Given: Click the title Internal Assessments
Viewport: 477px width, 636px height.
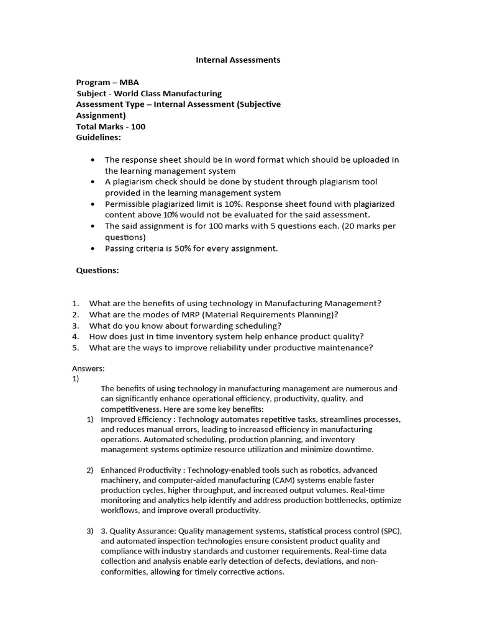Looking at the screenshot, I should click(x=238, y=60).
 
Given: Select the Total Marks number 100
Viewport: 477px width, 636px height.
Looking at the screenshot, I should click(x=138, y=127).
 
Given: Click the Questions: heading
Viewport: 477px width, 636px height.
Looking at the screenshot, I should click(x=98, y=271).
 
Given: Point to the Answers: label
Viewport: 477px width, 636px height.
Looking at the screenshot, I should click(x=89, y=368).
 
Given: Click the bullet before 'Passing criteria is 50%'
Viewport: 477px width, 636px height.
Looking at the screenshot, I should click(x=93, y=248).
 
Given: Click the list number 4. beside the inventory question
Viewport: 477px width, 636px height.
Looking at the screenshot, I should click(x=75, y=337).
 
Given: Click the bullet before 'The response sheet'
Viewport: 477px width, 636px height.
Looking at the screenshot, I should click(x=93, y=160).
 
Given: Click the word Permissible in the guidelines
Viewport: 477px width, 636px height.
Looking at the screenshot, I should click(x=128, y=204).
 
